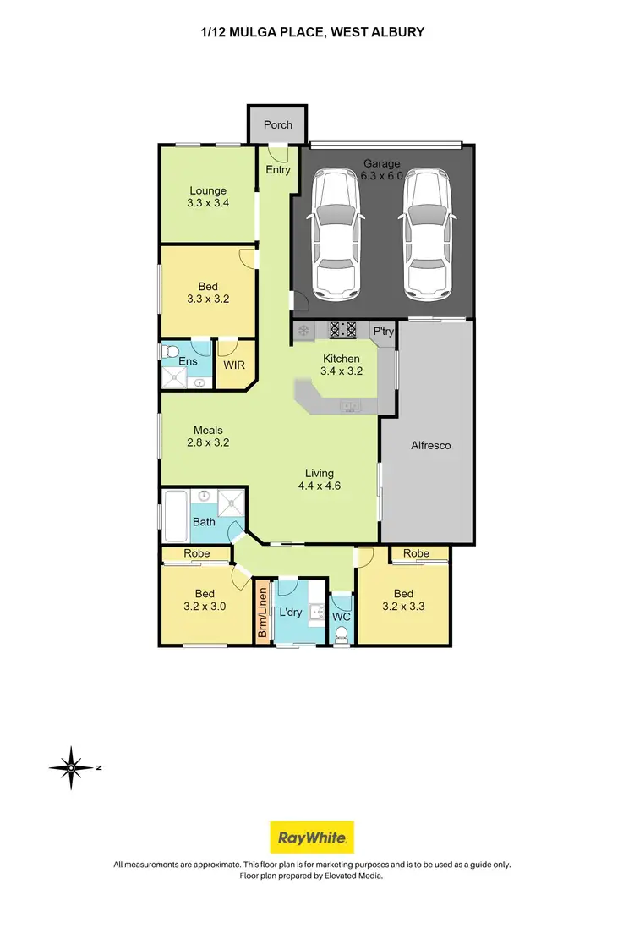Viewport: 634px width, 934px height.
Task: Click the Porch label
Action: click(x=277, y=124)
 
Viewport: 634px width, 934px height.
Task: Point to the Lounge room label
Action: click(x=207, y=190)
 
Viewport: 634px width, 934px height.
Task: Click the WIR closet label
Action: click(x=233, y=365)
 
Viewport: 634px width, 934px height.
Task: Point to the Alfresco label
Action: click(x=429, y=445)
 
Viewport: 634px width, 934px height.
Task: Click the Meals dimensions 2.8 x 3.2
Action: click(x=208, y=442)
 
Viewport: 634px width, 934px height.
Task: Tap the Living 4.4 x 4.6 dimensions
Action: click(x=320, y=486)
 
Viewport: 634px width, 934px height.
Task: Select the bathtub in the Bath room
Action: click(x=177, y=515)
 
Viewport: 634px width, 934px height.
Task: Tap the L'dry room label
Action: click(x=291, y=612)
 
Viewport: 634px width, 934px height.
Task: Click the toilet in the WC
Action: click(x=342, y=639)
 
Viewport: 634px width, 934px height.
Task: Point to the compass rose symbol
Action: click(x=72, y=767)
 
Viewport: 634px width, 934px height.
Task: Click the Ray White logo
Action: click(x=311, y=838)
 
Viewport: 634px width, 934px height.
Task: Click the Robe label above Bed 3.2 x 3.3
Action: click(x=415, y=553)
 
